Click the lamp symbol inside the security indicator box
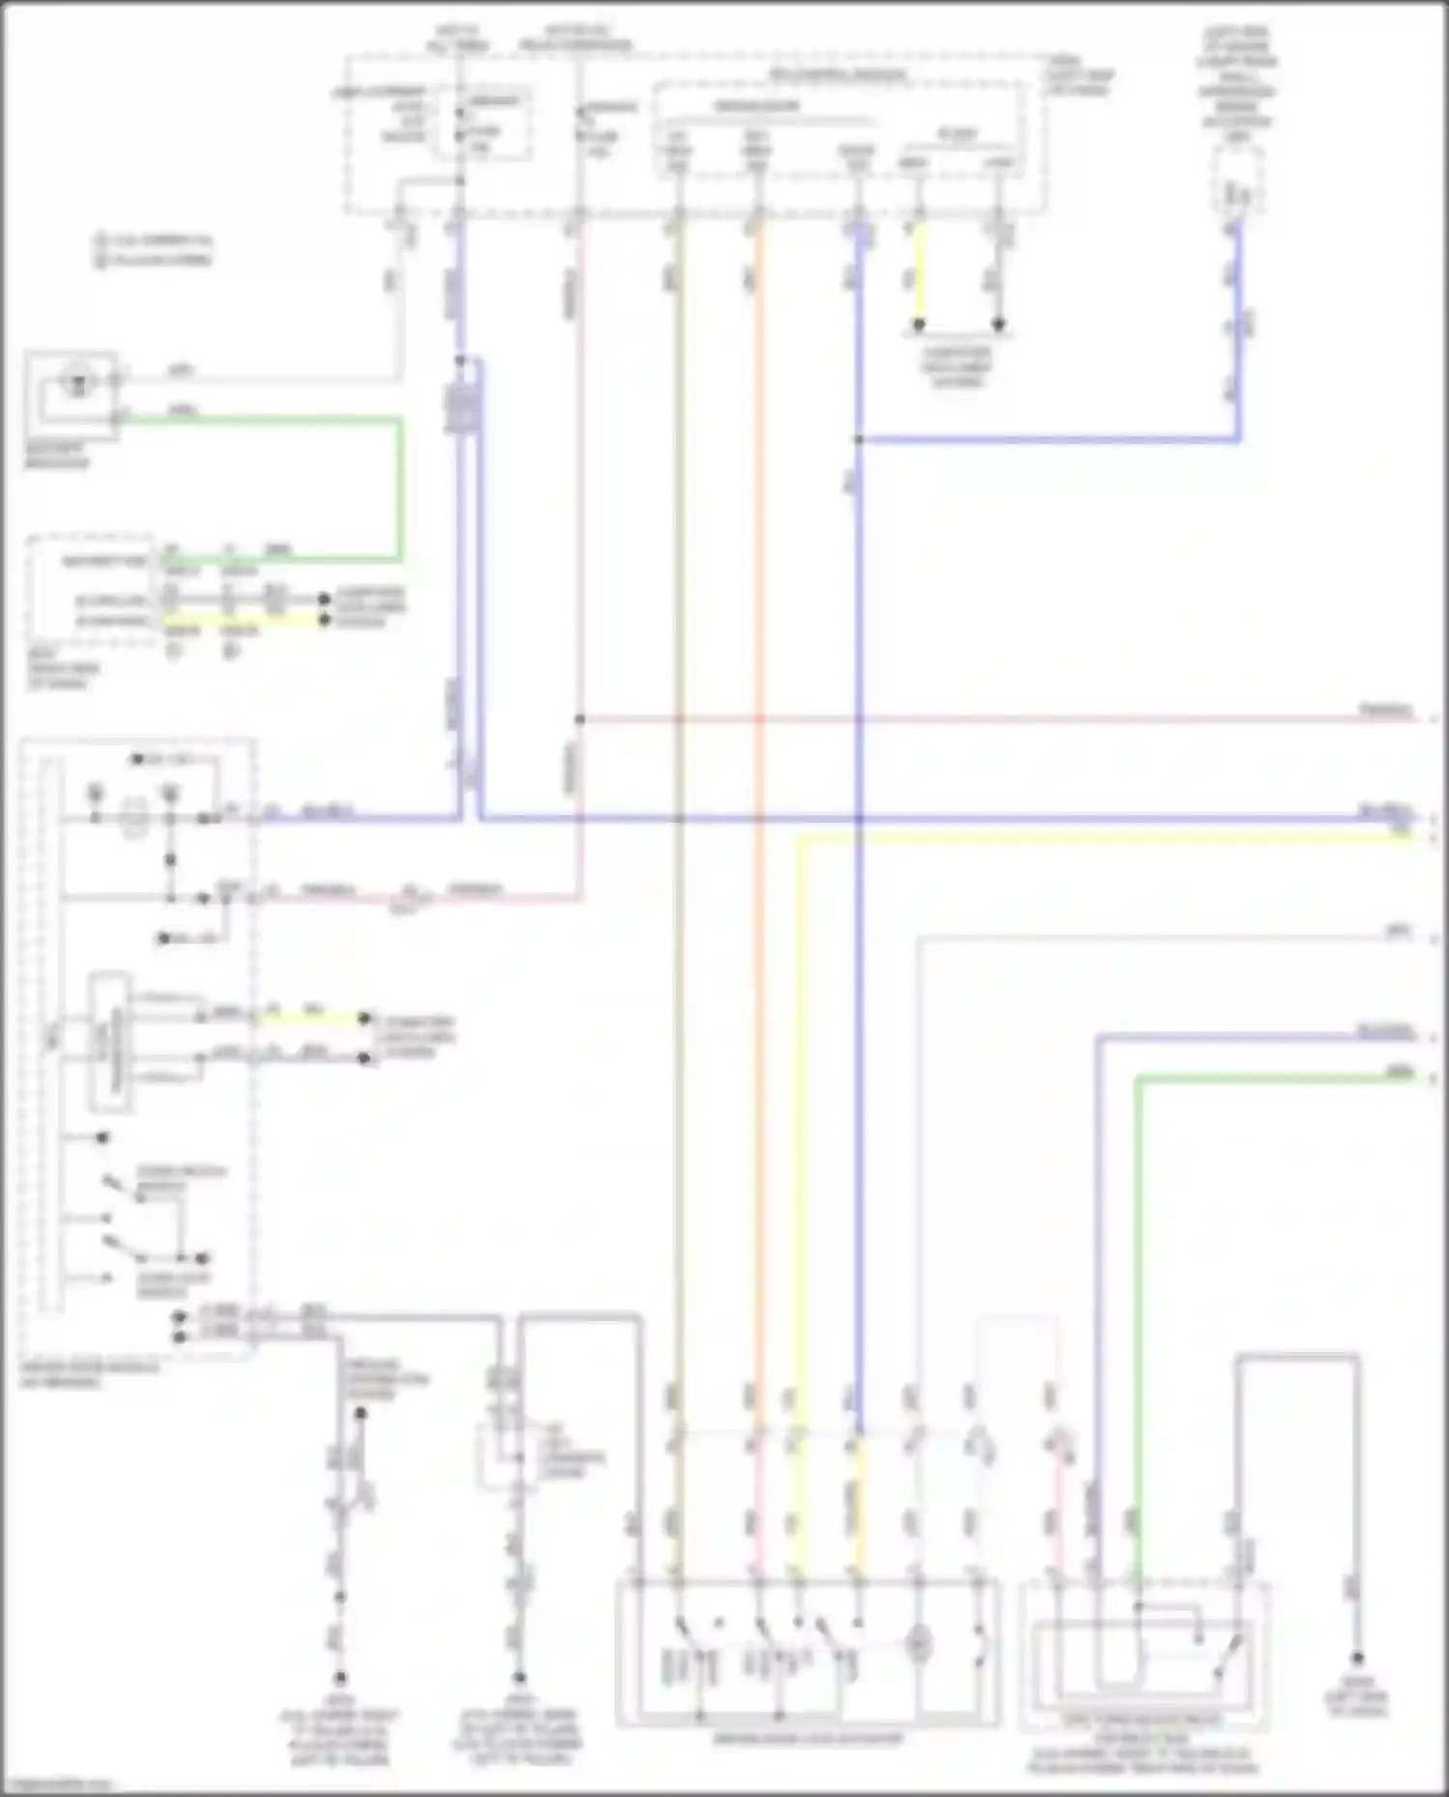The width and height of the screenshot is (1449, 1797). tap(75, 382)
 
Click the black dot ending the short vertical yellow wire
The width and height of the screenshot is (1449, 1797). tap(919, 324)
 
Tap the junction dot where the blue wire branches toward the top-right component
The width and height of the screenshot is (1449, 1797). tap(858, 440)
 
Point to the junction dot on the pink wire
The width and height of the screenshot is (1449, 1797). tap(580, 719)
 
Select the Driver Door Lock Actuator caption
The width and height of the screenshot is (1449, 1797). tap(808, 1739)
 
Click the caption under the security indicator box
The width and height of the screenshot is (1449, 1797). tap(56, 456)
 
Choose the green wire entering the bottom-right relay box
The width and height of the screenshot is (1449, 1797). tap(1138, 1352)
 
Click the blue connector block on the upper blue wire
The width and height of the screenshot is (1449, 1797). tap(463, 407)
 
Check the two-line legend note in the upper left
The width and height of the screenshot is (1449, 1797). tap(155, 249)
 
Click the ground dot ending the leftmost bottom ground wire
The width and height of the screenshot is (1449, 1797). tap(340, 1679)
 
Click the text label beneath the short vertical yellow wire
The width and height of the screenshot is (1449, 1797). tap(956, 367)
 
